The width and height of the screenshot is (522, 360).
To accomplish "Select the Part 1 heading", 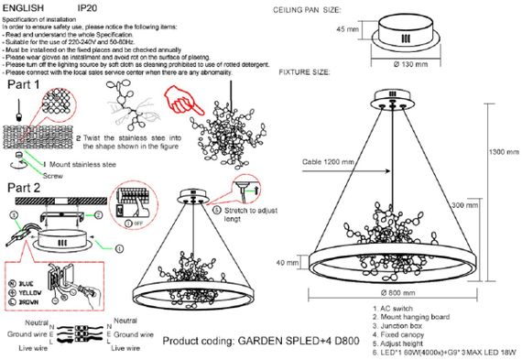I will [x=26, y=84].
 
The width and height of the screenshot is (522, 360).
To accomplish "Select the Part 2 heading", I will [x=26, y=188].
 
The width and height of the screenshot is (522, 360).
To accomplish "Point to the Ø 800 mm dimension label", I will [x=394, y=293].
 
